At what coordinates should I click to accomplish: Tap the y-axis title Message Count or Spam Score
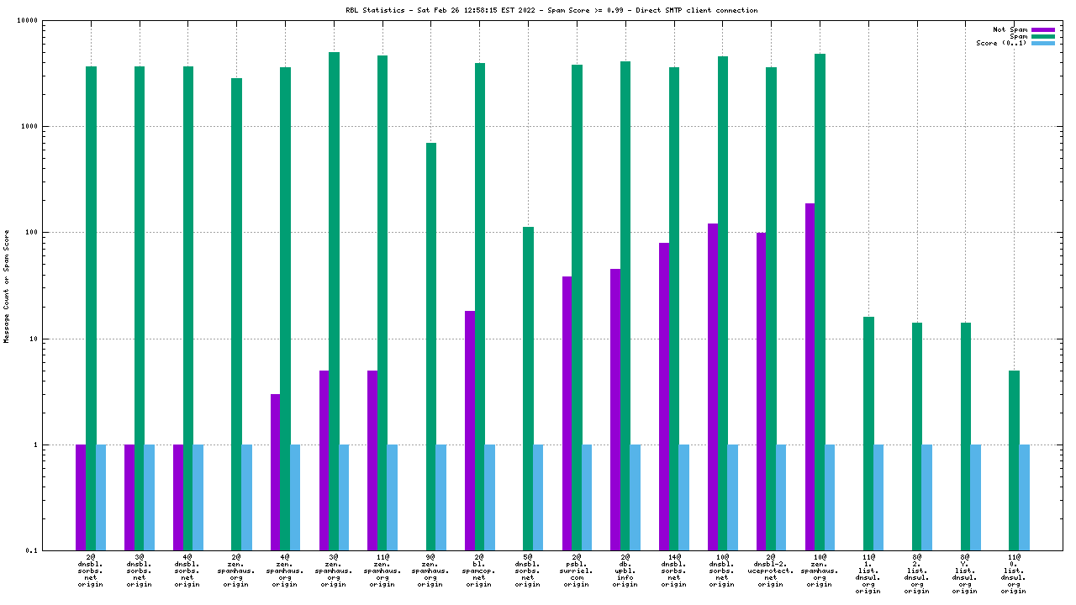coord(7,286)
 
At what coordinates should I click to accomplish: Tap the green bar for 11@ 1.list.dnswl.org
coord(868,434)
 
